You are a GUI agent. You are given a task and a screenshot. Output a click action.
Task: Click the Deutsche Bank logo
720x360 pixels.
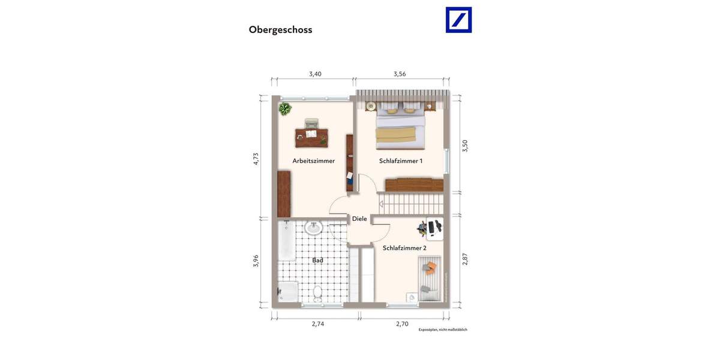click(x=458, y=20)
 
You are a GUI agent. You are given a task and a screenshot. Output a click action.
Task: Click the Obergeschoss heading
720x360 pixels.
click(x=280, y=29)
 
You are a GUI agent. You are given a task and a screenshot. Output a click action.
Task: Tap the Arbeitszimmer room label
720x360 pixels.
click(x=313, y=161)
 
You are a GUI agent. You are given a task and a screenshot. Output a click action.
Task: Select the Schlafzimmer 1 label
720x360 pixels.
click(x=401, y=161)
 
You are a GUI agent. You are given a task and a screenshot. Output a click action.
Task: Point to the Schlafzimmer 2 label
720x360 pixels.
click(x=404, y=248)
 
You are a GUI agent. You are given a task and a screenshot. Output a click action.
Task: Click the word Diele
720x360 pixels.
click(x=359, y=219)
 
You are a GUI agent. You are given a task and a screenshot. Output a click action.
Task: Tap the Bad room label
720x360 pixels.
click(x=317, y=260)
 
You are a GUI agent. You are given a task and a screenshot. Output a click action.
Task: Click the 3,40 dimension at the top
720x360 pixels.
click(x=315, y=74)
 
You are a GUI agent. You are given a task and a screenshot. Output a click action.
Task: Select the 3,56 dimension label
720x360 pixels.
click(x=400, y=74)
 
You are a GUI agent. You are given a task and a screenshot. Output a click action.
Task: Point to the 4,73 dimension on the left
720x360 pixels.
click(x=256, y=158)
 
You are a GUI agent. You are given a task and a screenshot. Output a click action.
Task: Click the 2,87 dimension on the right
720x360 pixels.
click(x=464, y=259)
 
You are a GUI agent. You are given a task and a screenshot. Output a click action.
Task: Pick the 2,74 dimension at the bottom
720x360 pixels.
click(x=317, y=324)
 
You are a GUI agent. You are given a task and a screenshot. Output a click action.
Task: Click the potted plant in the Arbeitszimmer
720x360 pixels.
click(x=284, y=109)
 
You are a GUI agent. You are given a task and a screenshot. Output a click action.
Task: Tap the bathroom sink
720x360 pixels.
click(x=313, y=228)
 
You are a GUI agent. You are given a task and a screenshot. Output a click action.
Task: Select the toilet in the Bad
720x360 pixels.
click(x=318, y=294)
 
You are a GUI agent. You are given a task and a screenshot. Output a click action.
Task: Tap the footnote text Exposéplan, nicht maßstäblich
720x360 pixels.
click(x=443, y=329)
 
